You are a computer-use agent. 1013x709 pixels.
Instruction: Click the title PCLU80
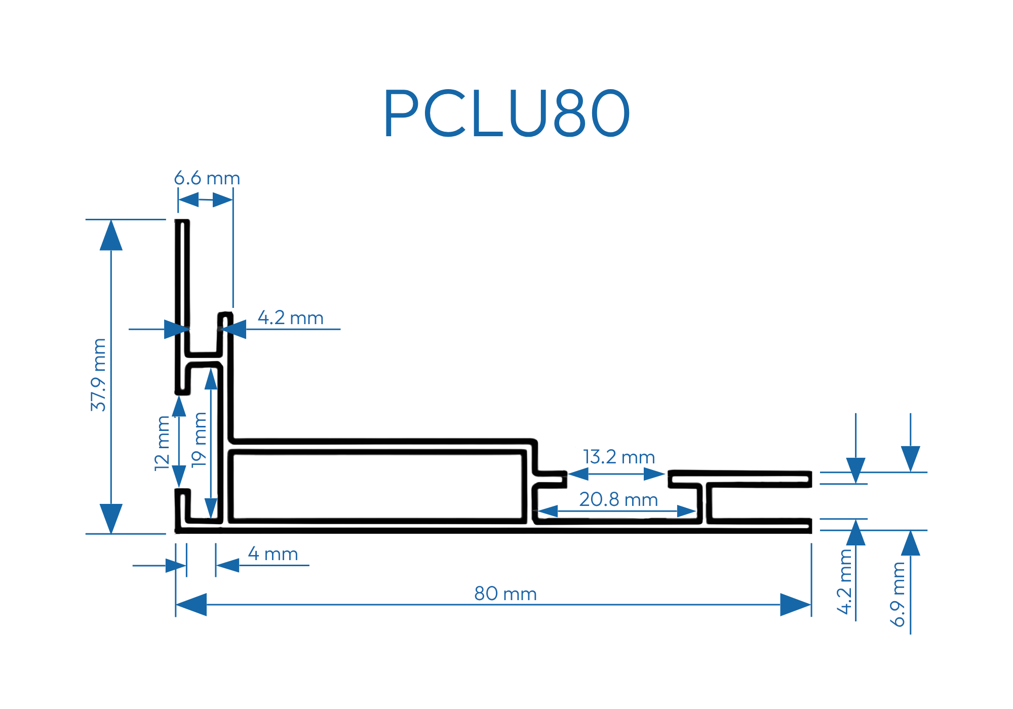pos(506,113)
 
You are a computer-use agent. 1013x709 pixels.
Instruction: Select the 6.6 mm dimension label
pos(207,178)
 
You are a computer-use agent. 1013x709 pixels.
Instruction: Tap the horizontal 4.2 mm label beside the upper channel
pos(290,318)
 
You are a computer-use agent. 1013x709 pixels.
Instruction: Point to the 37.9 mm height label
pos(98,375)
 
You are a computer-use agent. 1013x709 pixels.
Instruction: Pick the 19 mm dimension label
pos(200,439)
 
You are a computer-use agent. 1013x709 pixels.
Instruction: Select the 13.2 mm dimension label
pos(619,457)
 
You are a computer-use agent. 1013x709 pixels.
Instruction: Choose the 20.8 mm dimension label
pos(618,499)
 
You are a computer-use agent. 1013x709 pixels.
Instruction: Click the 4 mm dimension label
pos(273,554)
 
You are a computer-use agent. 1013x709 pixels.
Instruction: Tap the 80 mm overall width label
pos(505,594)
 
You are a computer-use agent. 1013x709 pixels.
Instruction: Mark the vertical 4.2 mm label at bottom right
pos(845,581)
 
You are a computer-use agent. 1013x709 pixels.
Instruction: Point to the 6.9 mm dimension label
pos(898,594)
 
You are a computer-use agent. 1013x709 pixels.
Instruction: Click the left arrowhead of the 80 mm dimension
pos(191,605)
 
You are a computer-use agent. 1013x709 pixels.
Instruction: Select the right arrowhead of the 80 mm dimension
pos(795,605)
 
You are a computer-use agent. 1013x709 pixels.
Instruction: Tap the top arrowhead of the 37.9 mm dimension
pos(111,235)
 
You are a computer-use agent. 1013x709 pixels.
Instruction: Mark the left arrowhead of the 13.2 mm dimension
pos(578,474)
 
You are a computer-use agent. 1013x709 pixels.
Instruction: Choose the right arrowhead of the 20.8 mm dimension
pos(687,511)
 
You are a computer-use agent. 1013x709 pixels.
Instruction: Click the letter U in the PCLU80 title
pos(526,113)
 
